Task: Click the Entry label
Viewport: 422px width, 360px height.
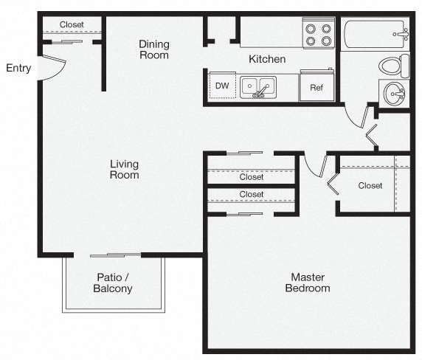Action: click(x=18, y=68)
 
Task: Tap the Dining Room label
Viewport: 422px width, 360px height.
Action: click(x=154, y=49)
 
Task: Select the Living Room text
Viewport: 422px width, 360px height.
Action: click(x=125, y=170)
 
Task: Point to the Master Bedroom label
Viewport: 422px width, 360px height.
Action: click(x=308, y=283)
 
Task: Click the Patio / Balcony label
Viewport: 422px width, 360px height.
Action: click(x=113, y=283)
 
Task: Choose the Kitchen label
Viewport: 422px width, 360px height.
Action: click(x=267, y=59)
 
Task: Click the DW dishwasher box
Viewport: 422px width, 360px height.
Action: click(x=222, y=86)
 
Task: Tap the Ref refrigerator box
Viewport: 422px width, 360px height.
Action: click(x=316, y=86)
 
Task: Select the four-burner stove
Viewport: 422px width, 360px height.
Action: click(x=319, y=33)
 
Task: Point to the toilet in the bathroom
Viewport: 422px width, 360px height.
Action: click(x=394, y=66)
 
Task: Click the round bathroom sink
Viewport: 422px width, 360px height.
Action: click(x=394, y=93)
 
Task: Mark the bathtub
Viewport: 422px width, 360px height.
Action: click(x=376, y=34)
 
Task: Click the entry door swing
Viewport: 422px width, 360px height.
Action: click(x=53, y=67)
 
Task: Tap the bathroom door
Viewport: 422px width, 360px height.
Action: click(x=356, y=117)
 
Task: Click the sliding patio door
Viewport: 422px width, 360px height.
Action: click(x=115, y=255)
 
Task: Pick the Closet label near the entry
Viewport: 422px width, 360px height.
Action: click(x=72, y=24)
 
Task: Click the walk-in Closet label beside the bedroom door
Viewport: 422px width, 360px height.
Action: click(x=370, y=186)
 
